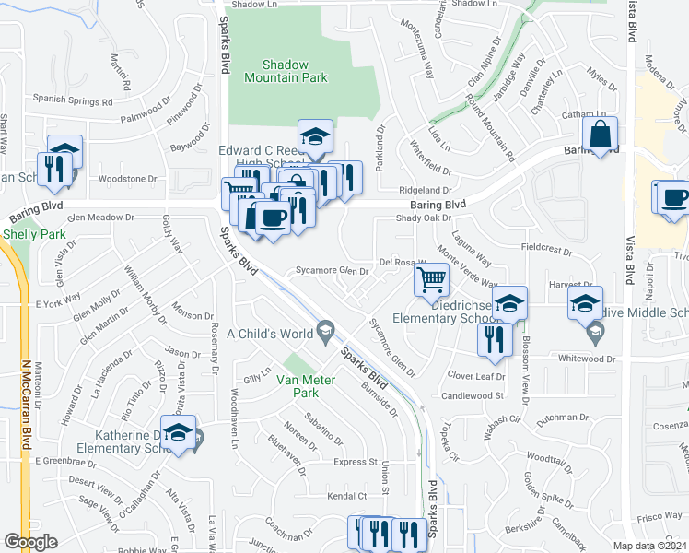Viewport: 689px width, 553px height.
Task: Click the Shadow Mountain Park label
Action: tap(286, 71)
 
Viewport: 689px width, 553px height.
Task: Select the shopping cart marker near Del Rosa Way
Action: tap(431, 278)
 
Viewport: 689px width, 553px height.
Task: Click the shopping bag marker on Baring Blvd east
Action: tap(601, 135)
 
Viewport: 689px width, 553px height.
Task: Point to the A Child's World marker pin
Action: tap(324, 329)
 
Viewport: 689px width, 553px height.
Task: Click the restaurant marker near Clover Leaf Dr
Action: tap(495, 338)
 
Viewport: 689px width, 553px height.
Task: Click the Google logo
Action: tap(31, 541)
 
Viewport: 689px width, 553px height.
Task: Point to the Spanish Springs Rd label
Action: tap(73, 100)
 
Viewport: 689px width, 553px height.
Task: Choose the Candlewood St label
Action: tap(474, 395)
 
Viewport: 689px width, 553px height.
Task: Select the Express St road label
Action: tap(356, 462)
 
